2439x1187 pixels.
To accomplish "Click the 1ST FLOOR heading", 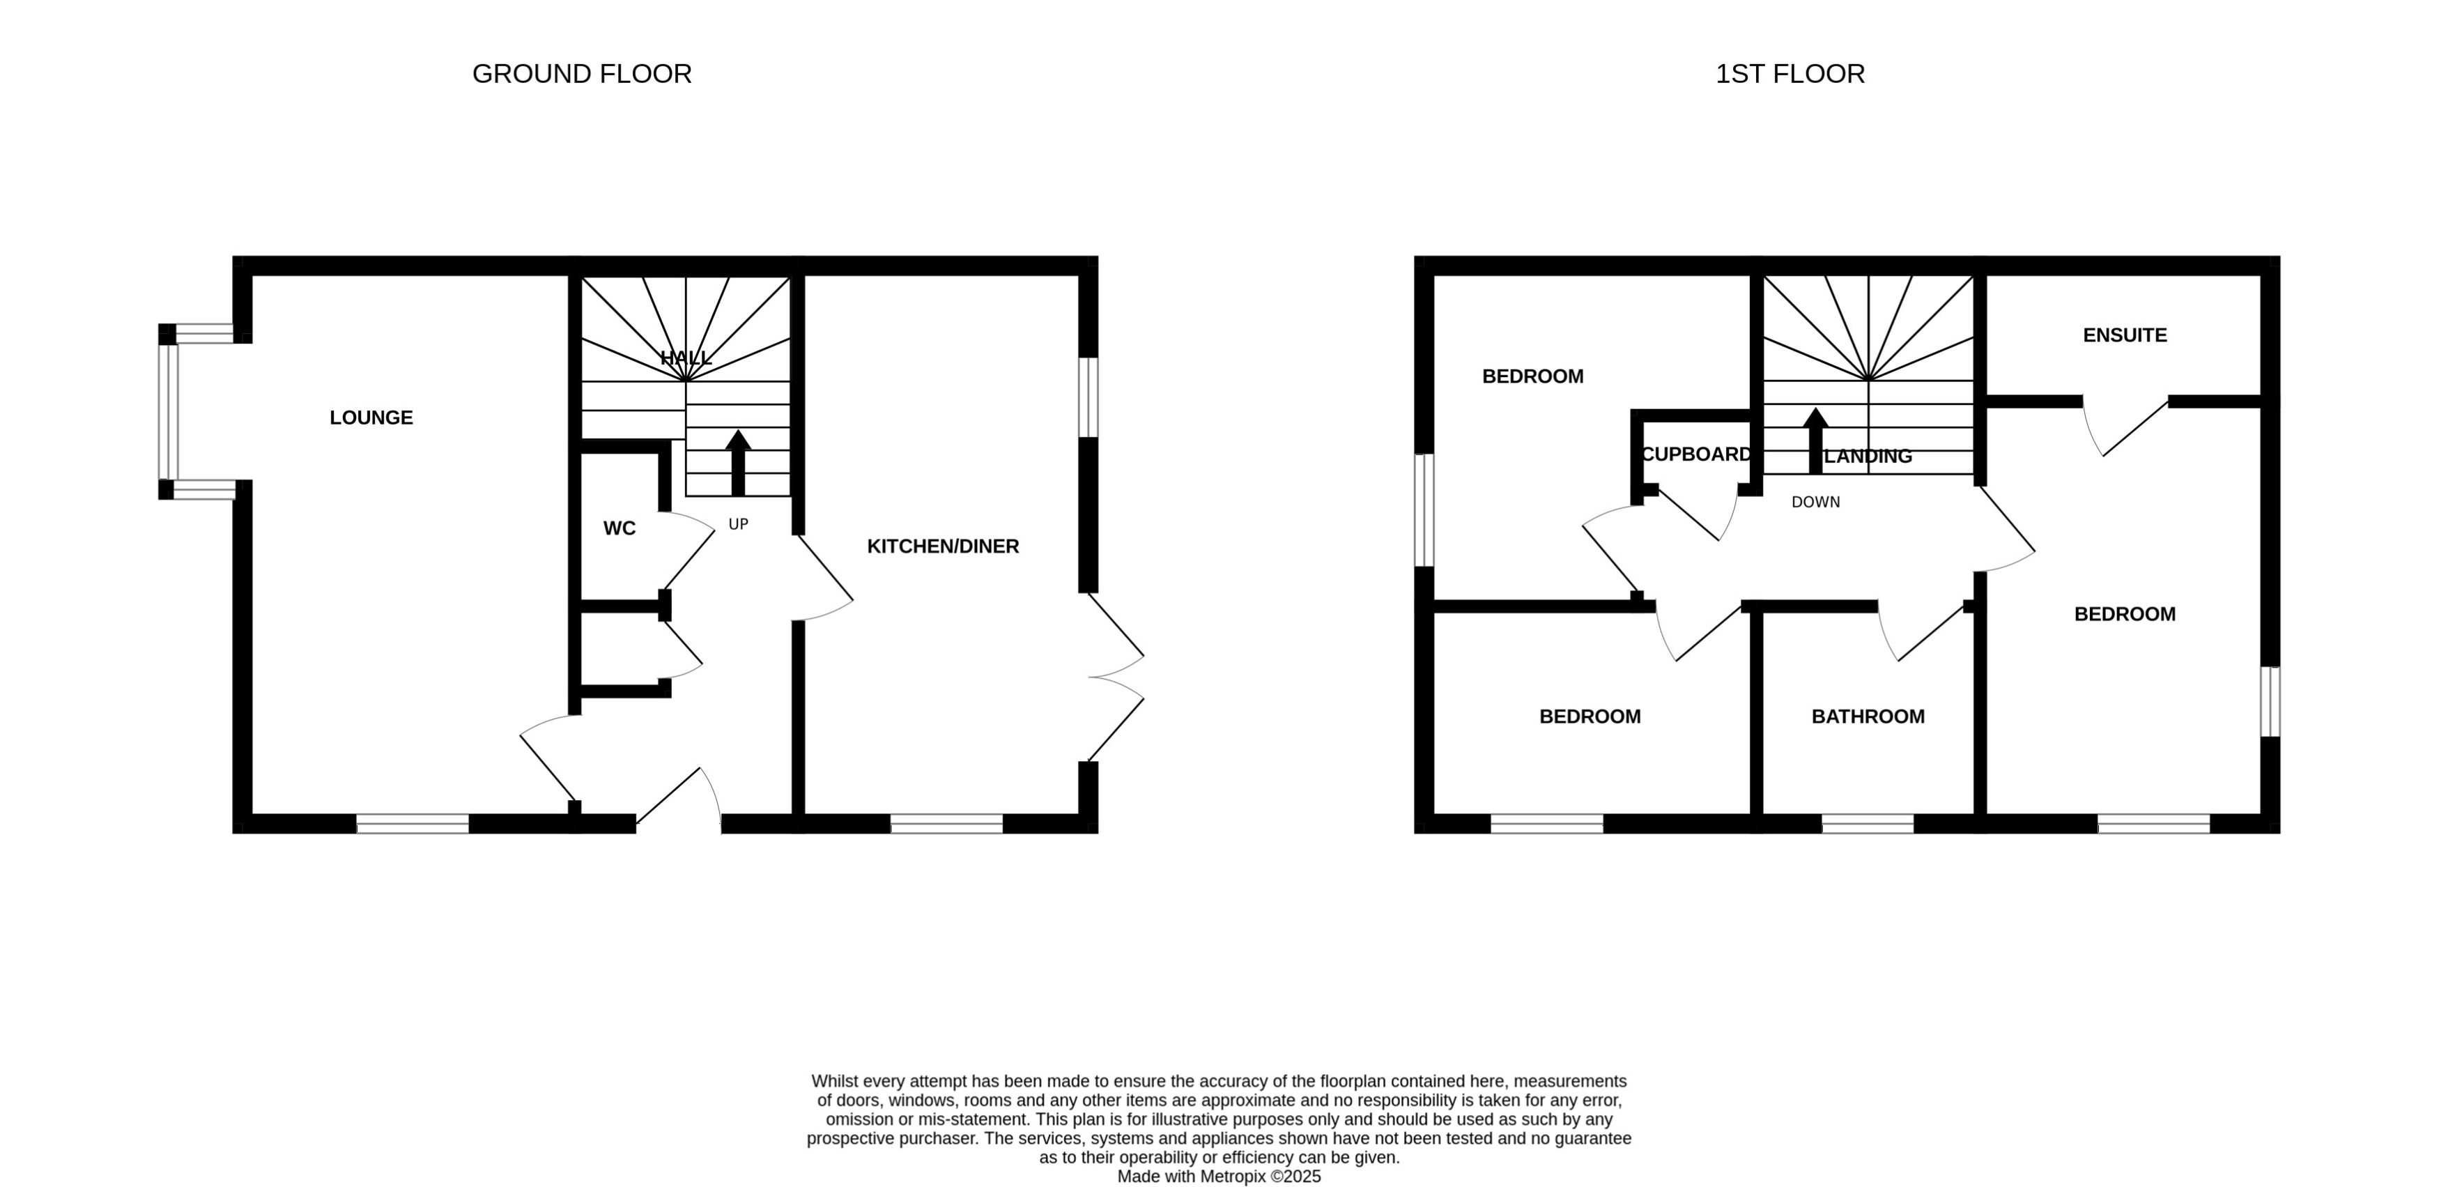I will [1790, 74].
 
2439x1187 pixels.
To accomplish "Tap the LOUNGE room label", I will [371, 418].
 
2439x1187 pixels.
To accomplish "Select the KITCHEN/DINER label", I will [943, 546].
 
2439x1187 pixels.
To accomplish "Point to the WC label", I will [620, 528].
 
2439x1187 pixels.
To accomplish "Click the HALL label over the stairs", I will [686, 358].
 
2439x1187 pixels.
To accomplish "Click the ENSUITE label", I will [2125, 335].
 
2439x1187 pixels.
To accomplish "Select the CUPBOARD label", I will [1695, 454].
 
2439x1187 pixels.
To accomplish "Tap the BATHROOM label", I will [1867, 717].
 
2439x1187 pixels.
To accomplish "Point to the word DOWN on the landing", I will [1815, 502].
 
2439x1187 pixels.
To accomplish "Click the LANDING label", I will [1868, 457].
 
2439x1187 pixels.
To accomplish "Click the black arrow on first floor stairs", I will [1815, 441].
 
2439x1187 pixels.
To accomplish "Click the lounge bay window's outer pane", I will [167, 411].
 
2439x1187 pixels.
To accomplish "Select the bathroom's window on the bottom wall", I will [1867, 823].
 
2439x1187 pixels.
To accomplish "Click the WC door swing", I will [687, 549].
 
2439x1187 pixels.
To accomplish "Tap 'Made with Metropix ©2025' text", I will [1219, 1177].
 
